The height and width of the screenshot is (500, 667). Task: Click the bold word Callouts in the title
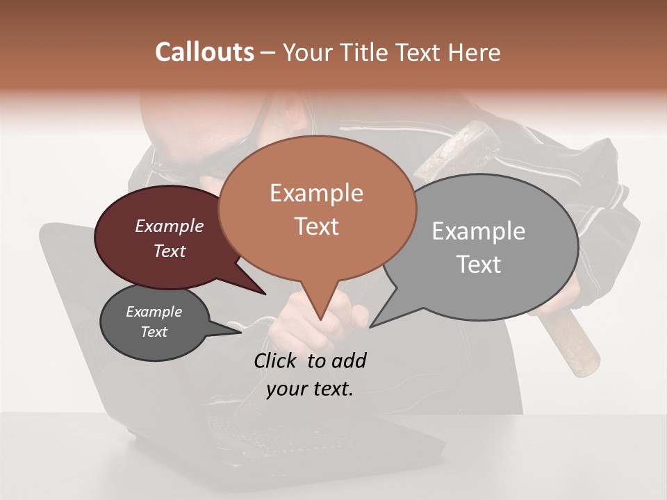pos(204,52)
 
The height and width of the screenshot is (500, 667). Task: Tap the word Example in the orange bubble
pos(316,193)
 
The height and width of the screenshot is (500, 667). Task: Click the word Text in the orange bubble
pos(316,226)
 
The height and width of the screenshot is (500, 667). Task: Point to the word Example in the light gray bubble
pos(479,231)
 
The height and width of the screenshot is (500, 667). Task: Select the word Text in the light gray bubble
pos(479,265)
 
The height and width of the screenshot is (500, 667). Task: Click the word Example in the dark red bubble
pos(169,226)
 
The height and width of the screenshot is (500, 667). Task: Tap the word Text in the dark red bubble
pos(169,251)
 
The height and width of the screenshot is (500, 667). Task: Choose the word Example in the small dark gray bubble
pos(154,312)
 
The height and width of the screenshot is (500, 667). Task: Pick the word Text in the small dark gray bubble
pos(154,332)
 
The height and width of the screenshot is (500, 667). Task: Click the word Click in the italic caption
pos(277,360)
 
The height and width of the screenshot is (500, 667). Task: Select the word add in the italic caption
pos(349,360)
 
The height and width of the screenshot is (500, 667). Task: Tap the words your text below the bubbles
pos(310,390)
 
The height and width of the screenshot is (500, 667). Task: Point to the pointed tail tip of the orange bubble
pos(320,320)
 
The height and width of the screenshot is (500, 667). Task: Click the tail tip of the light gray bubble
pos(370,326)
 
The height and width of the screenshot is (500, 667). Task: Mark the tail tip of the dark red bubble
pos(265,294)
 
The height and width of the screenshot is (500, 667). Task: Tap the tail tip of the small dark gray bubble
pos(241,332)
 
